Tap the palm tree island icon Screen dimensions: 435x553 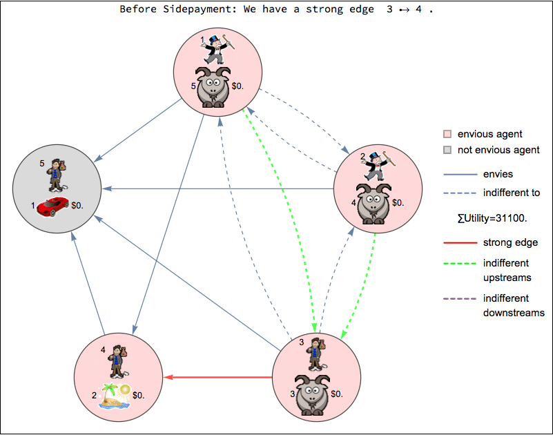(x=114, y=396)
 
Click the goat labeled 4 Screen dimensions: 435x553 (x=373, y=203)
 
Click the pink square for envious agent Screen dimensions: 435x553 (x=447, y=134)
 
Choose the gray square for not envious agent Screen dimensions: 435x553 (x=447, y=150)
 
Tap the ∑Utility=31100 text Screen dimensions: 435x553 (x=492, y=218)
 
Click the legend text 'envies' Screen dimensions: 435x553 (x=498, y=174)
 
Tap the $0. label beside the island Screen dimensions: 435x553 (x=139, y=396)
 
